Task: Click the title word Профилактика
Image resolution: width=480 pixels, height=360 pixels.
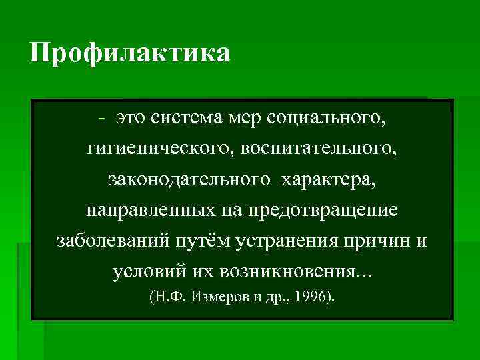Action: pyautogui.click(x=130, y=53)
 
